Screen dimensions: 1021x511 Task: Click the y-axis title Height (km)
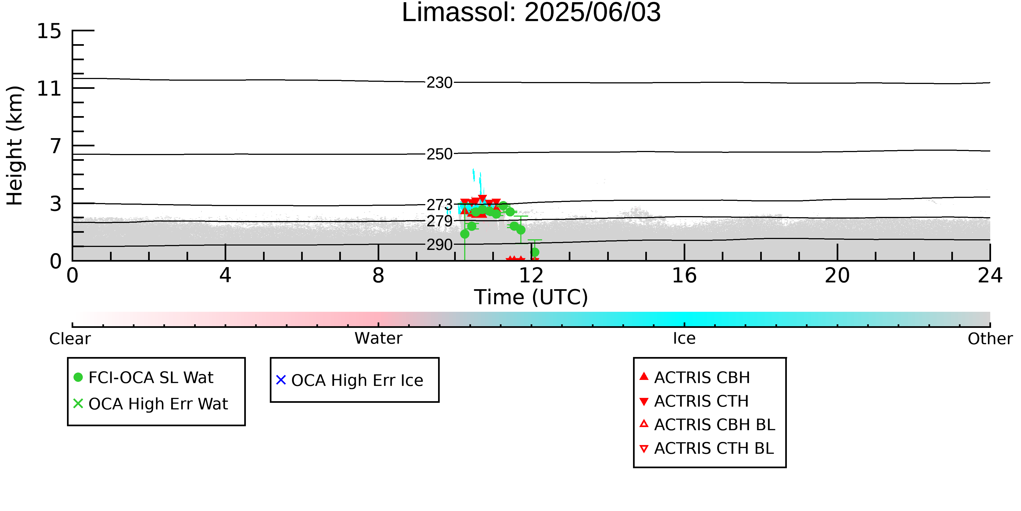(x=15, y=146)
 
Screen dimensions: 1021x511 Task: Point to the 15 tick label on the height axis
(x=49, y=31)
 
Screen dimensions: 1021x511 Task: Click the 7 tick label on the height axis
(x=56, y=146)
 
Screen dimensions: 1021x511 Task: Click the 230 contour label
(x=439, y=83)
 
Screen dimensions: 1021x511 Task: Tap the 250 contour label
(x=439, y=154)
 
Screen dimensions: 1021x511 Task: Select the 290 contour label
(x=439, y=245)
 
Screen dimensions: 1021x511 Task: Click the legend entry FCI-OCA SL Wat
(x=143, y=377)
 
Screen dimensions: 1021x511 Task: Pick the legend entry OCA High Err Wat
(x=151, y=404)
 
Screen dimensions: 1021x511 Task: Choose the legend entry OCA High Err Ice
(x=350, y=380)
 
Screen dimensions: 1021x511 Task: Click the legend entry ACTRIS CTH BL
(x=707, y=448)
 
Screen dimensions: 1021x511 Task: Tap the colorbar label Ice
(x=684, y=338)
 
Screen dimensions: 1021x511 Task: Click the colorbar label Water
(x=378, y=338)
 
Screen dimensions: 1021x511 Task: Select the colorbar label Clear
(x=70, y=339)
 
